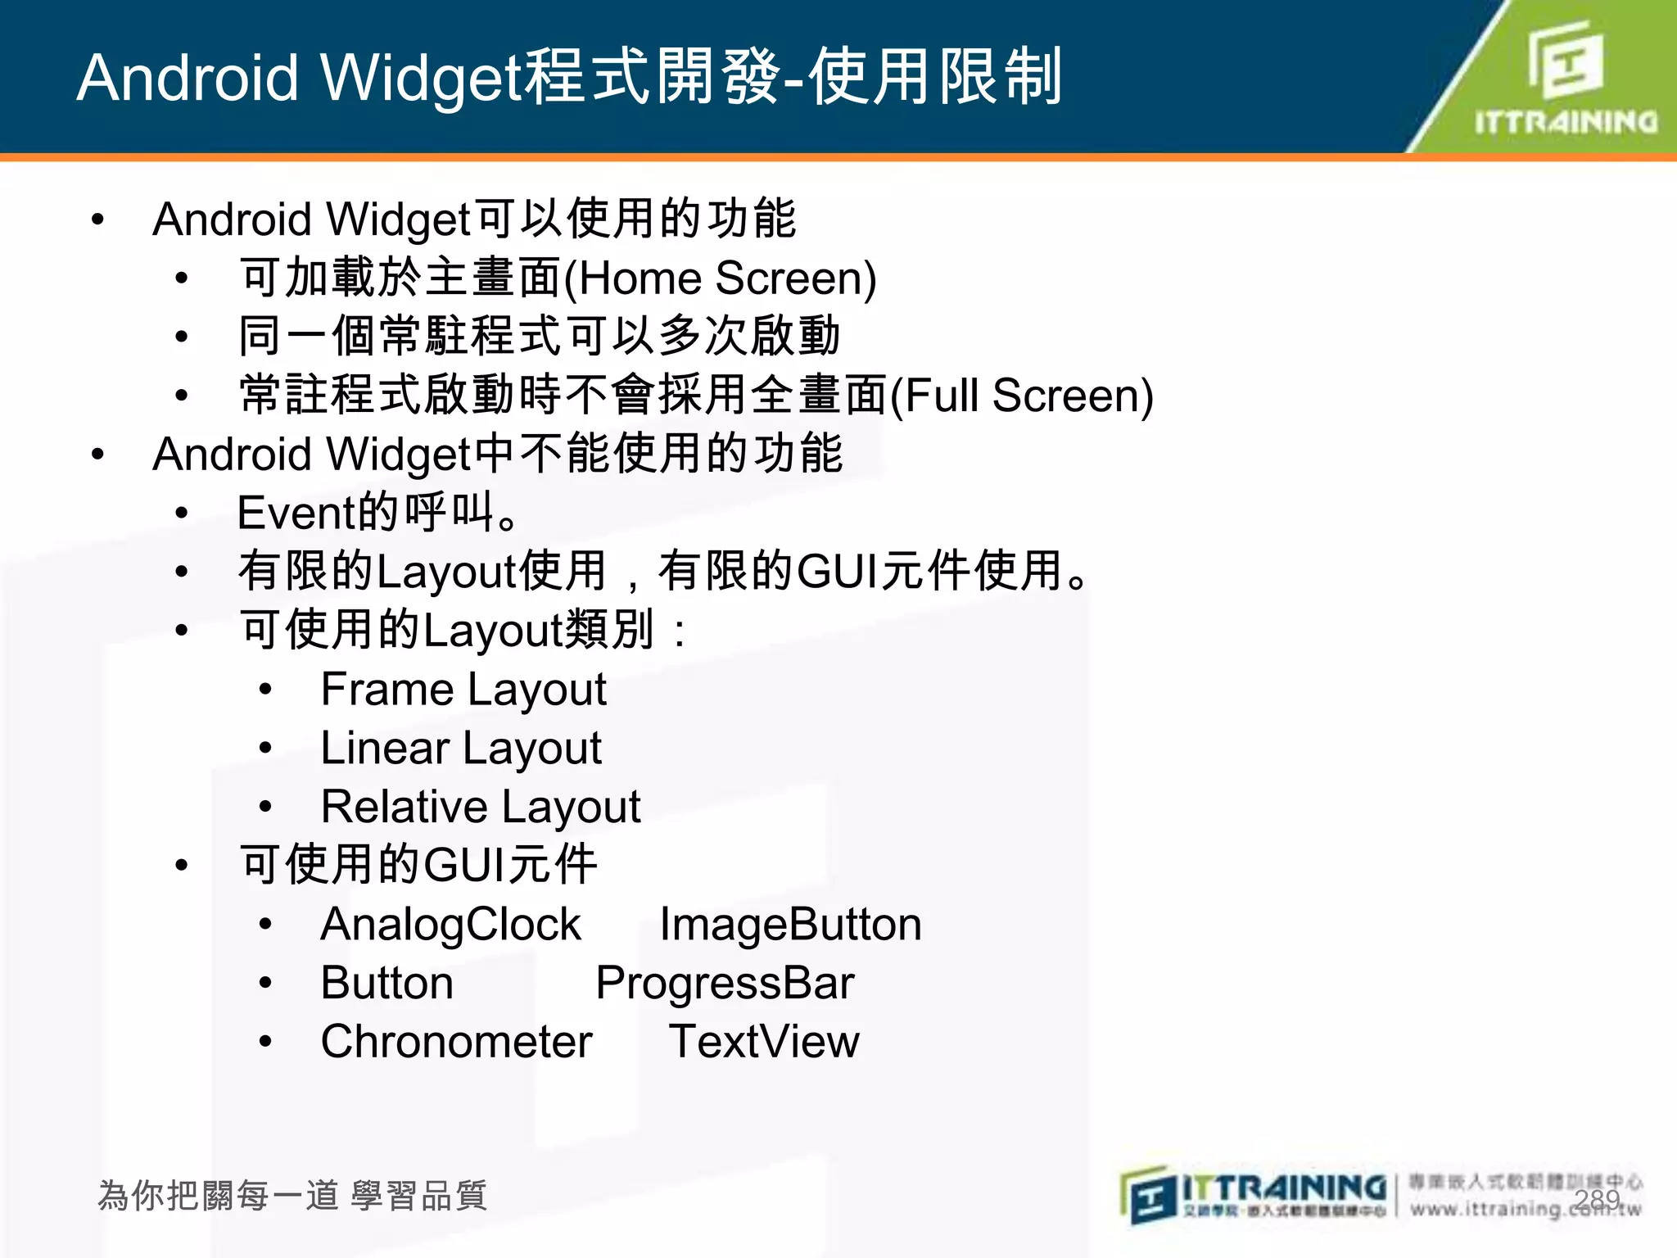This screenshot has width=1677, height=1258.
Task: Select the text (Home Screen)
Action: coord(721,278)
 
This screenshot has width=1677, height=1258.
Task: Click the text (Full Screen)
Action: coord(1022,396)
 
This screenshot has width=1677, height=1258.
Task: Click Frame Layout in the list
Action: coord(463,690)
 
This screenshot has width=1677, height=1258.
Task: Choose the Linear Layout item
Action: coord(461,749)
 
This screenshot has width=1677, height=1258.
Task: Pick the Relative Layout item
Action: coord(481,808)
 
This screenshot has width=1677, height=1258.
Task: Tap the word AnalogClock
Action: coord(450,925)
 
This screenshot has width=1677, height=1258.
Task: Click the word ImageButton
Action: coord(790,925)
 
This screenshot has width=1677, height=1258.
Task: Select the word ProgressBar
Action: coord(725,984)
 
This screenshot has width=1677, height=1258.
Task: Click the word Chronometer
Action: coord(456,1043)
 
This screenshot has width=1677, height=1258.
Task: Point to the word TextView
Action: coord(764,1043)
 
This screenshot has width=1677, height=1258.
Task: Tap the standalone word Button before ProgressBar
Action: coord(386,984)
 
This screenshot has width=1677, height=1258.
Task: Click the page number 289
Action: coord(1597,1200)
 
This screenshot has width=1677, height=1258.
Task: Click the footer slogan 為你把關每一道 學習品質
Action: coord(292,1196)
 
